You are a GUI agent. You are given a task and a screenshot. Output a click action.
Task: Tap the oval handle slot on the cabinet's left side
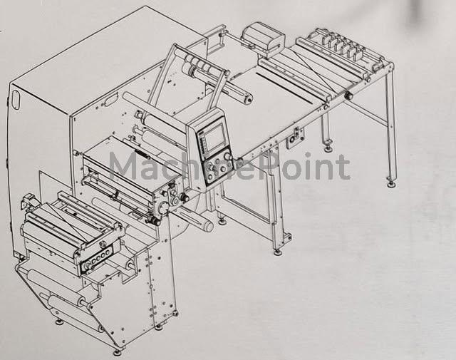pyautogui.click(x=15, y=100)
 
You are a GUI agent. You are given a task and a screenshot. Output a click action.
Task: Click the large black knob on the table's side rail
pyautogui.click(x=348, y=96)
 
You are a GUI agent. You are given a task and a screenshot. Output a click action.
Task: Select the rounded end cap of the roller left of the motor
pyautogui.click(x=249, y=100)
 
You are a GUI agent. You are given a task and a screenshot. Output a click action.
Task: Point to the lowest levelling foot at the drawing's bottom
pyautogui.click(x=117, y=352)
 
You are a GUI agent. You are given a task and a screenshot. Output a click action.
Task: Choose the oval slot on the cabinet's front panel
pyautogui.click(x=110, y=100)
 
